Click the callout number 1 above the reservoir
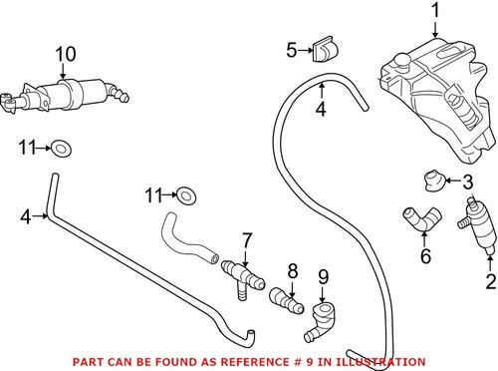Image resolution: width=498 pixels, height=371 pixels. [433, 11]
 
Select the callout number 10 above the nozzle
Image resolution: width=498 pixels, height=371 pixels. [63, 52]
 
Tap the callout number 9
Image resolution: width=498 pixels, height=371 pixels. [322, 276]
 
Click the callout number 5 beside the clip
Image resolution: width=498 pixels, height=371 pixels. [291, 48]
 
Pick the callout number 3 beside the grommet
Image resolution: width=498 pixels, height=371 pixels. [466, 181]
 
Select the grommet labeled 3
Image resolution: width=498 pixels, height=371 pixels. [432, 181]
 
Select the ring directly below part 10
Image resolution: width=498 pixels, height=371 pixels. [61, 150]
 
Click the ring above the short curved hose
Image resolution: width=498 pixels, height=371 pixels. [186, 192]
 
